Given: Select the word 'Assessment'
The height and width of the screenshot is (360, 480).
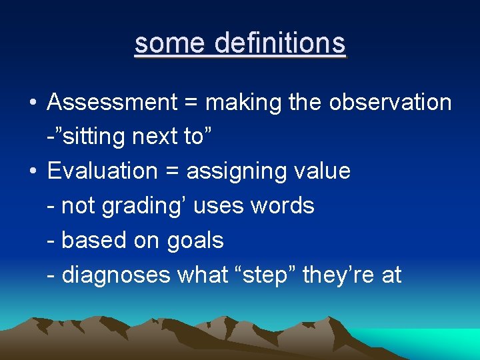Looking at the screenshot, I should click(111, 103).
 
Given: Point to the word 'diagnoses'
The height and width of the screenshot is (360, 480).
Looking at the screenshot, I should click(116, 275).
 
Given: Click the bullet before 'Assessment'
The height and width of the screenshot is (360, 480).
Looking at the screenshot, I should click(33, 103).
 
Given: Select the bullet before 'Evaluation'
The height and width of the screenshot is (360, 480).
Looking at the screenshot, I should click(33, 172).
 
